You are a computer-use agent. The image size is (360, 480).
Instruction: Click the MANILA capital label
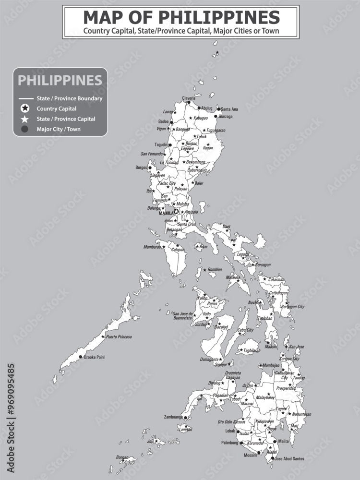[x=166, y=213]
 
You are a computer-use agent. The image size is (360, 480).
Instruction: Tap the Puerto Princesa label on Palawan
[x=119, y=337]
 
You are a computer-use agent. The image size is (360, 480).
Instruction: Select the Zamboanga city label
[x=173, y=417]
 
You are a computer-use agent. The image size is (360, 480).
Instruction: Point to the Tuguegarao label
[x=216, y=131]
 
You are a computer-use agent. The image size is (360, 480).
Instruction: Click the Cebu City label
[x=246, y=330]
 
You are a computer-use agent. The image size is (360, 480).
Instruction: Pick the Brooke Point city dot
[x=81, y=357]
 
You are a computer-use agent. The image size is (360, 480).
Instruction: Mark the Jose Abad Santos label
[x=289, y=459]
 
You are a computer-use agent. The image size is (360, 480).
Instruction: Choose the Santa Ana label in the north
[x=229, y=109]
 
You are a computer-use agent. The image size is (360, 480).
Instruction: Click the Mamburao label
[x=152, y=247]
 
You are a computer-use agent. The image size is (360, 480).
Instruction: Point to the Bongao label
[x=123, y=457]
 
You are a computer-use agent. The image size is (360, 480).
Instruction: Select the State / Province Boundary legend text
[x=69, y=98]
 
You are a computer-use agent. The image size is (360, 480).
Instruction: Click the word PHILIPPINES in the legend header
[x=60, y=80]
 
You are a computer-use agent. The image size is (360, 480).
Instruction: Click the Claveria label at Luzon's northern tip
[x=189, y=98]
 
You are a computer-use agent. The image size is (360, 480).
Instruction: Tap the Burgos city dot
[x=150, y=168]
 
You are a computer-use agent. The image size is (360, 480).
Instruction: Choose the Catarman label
[x=276, y=279]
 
